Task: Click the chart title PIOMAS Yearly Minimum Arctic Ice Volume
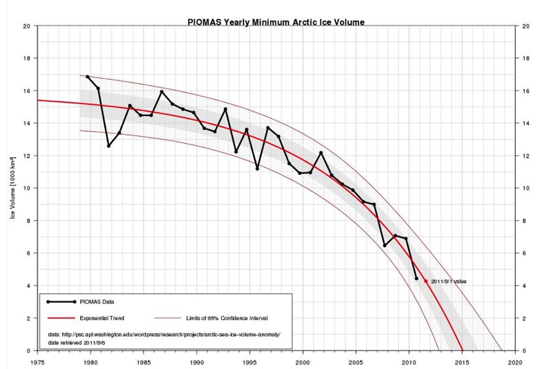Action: [x=277, y=22]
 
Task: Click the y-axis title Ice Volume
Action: [x=13, y=189]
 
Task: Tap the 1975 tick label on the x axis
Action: [x=38, y=363]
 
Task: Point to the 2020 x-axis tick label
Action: [x=516, y=363]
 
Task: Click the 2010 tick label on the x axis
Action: [x=409, y=363]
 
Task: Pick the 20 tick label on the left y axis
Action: [x=26, y=26]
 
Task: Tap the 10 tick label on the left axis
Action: [x=26, y=188]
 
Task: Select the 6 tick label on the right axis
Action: [x=525, y=253]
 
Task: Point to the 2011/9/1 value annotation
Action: [x=449, y=281]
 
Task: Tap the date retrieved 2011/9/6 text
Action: [x=82, y=343]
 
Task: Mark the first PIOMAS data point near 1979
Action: [x=87, y=77]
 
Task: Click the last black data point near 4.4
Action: [x=417, y=279]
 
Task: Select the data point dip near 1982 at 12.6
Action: [x=109, y=146]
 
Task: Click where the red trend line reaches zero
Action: [x=463, y=350]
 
